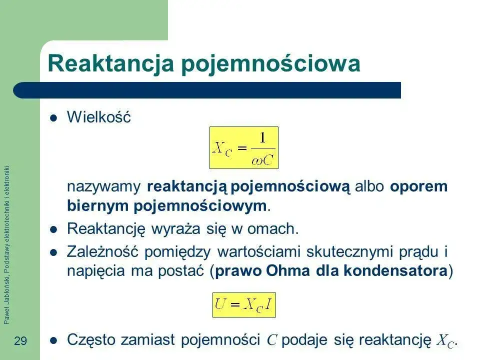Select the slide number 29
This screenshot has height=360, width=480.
click(x=20, y=341)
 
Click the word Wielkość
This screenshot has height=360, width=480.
click(x=98, y=118)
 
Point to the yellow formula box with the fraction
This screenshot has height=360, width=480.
click(x=243, y=147)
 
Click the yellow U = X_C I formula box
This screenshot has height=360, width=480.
click(x=244, y=305)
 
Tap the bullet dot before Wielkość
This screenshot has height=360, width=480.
click(x=54, y=118)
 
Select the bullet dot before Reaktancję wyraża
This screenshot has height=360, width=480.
click(x=54, y=229)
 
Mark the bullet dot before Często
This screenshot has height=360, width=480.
click(x=54, y=340)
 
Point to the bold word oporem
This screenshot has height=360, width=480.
click(x=418, y=186)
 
